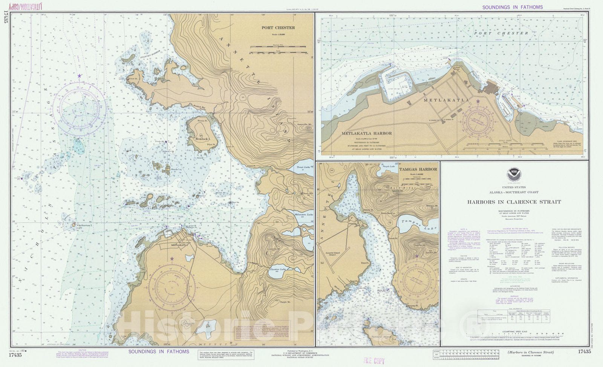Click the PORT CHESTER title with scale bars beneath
click(x=278, y=28)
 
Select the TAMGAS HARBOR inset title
click(x=418, y=169)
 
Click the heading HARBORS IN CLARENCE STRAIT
click(x=514, y=202)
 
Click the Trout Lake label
click(x=303, y=167)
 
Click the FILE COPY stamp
click(x=373, y=361)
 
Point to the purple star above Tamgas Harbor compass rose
click(x=417, y=256)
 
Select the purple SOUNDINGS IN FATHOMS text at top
click(x=513, y=7)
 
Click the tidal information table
click(x=514, y=315)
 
